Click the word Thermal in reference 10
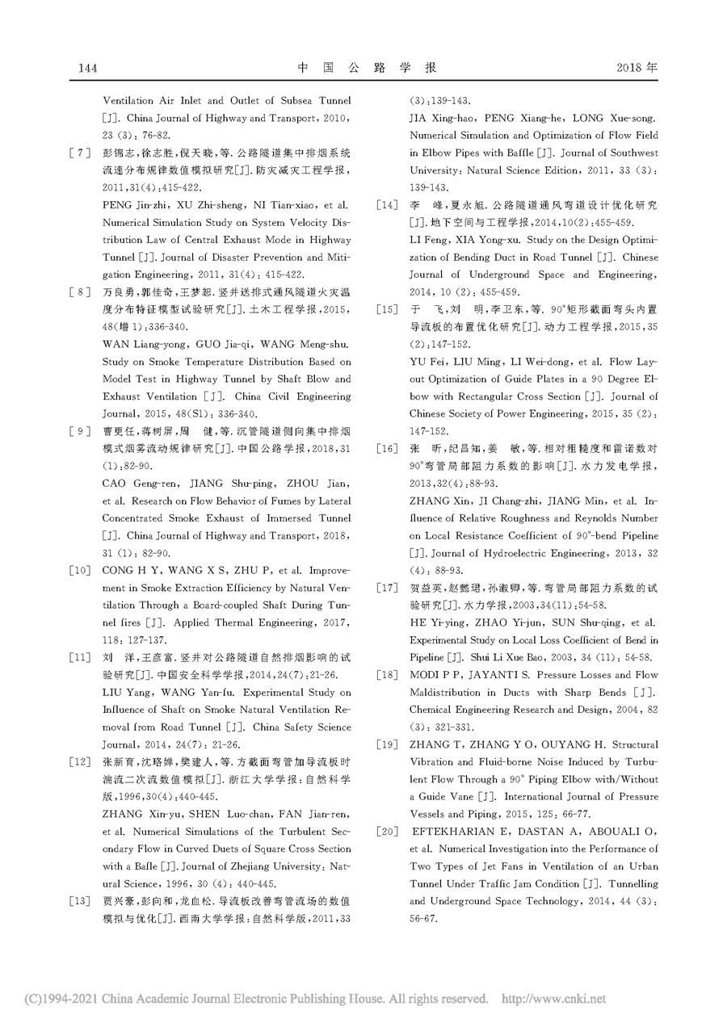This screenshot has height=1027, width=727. [212, 623]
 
